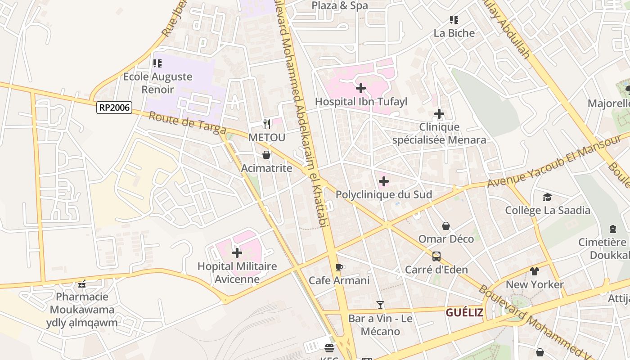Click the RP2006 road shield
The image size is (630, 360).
click(x=114, y=108)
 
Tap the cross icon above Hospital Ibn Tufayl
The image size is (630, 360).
click(x=360, y=88)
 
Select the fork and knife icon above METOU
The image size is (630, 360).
click(x=267, y=124)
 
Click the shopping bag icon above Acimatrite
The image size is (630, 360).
click(x=266, y=155)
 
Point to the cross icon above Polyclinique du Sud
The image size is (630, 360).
click(x=384, y=181)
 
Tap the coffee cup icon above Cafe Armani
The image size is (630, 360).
click(x=339, y=268)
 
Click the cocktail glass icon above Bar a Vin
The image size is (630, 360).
click(x=380, y=305)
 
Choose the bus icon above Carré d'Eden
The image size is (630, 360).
click(x=436, y=256)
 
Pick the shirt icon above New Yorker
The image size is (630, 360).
click(x=534, y=271)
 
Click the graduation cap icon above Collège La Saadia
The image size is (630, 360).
click(x=547, y=197)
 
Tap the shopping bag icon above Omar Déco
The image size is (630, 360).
click(x=445, y=225)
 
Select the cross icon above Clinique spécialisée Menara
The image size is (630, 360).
click(x=439, y=114)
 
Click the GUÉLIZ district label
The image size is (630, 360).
click(x=464, y=312)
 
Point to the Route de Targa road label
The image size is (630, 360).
click(x=187, y=123)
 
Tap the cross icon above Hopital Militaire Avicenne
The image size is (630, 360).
click(x=237, y=253)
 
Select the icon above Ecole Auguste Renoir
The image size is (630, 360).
click(x=157, y=63)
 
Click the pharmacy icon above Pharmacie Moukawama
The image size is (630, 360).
click(x=82, y=283)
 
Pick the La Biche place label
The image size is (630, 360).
click(x=454, y=33)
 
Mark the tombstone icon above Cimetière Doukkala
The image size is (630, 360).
click(x=612, y=229)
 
